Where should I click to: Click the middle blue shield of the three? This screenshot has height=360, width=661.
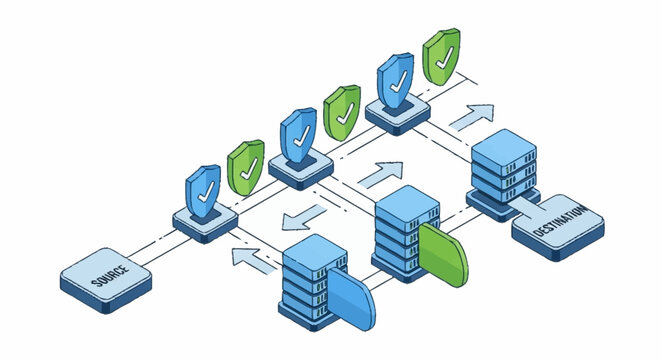[298, 132]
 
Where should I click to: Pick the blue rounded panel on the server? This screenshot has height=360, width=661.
[349, 299]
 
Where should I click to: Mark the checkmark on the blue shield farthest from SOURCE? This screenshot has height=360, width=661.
[395, 76]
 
